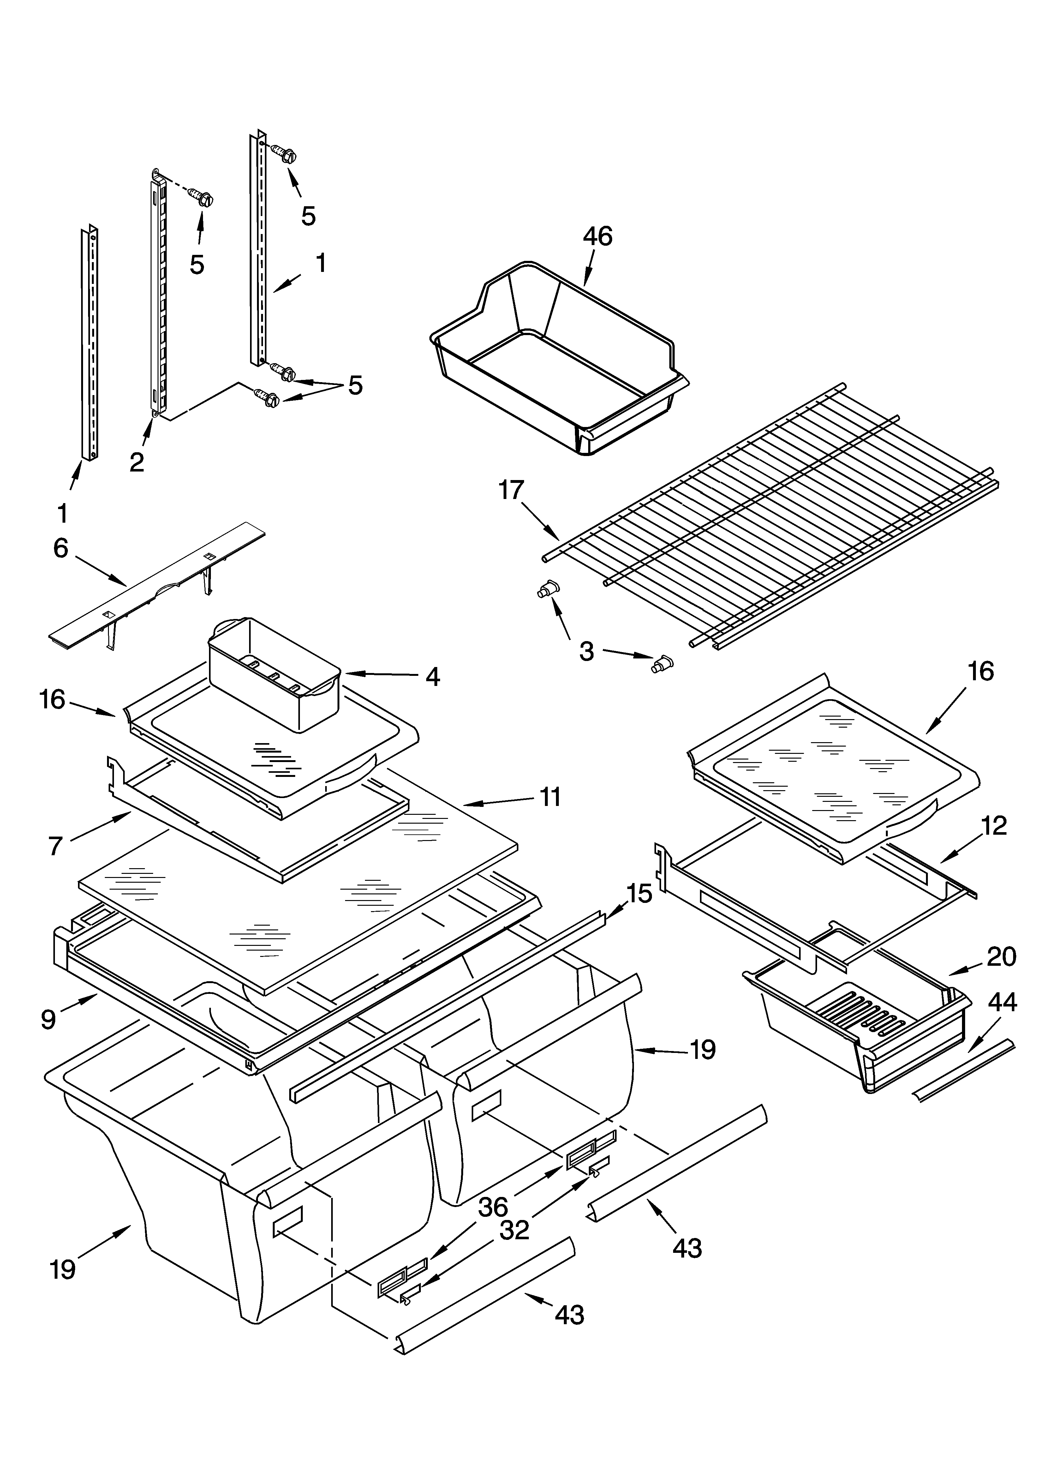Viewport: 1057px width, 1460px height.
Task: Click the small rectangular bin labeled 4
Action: click(x=274, y=673)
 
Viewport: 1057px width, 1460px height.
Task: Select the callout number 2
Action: click(x=136, y=462)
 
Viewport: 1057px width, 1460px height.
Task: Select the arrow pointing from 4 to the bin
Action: click(x=380, y=674)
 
